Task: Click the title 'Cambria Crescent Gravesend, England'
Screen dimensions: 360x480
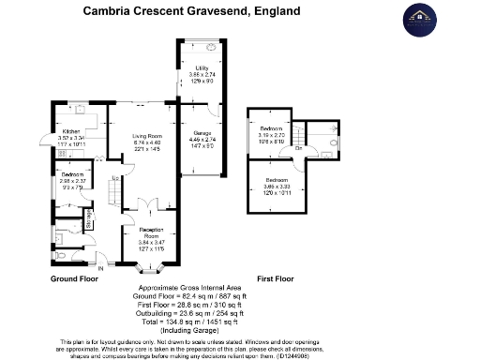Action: [191, 12]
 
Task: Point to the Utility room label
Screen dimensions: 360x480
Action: [201, 69]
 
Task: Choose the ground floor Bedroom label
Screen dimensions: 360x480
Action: [73, 174]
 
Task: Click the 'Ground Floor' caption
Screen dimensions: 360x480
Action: [74, 279]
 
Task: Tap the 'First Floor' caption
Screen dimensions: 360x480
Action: [276, 279]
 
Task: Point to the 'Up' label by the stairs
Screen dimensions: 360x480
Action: [114, 178]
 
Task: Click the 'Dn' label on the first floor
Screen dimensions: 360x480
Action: [298, 149]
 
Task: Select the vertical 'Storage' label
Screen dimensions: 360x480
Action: [89, 218]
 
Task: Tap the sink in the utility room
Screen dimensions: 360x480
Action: [211, 46]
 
